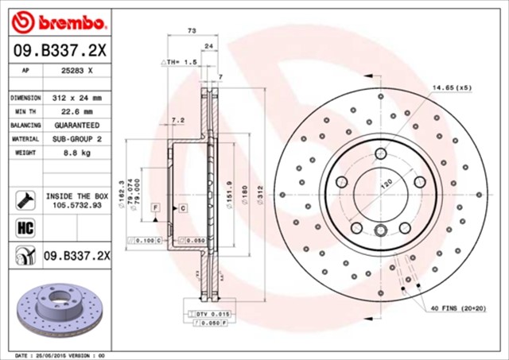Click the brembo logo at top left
(x=60, y=18)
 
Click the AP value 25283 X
(x=78, y=71)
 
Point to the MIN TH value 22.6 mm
(x=78, y=112)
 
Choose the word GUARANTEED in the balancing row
(x=78, y=126)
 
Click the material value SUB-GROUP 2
(x=78, y=138)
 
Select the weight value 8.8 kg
(x=78, y=152)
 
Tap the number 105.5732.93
(x=78, y=204)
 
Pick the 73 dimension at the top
(x=192, y=30)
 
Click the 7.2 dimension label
(x=177, y=120)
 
